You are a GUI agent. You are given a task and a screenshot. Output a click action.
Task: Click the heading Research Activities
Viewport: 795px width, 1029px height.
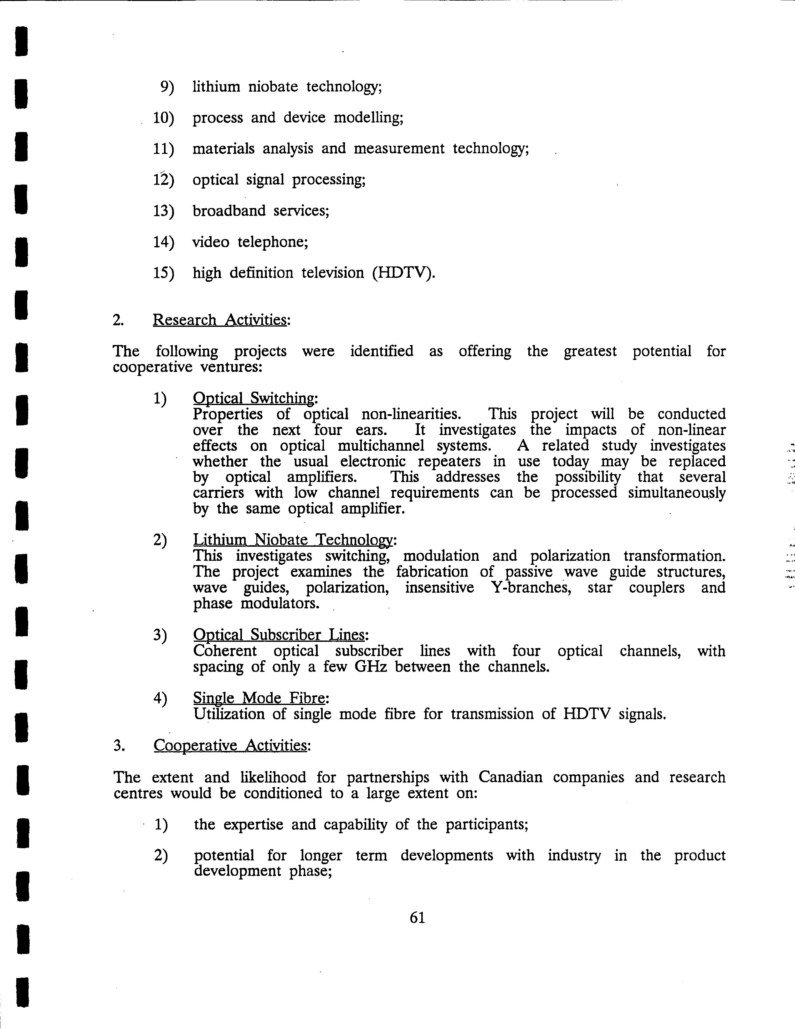tap(220, 320)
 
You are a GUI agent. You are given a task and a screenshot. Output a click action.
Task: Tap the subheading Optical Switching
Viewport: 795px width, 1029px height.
tap(254, 398)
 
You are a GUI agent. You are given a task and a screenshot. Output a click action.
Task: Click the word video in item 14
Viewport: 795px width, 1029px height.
tap(211, 242)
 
